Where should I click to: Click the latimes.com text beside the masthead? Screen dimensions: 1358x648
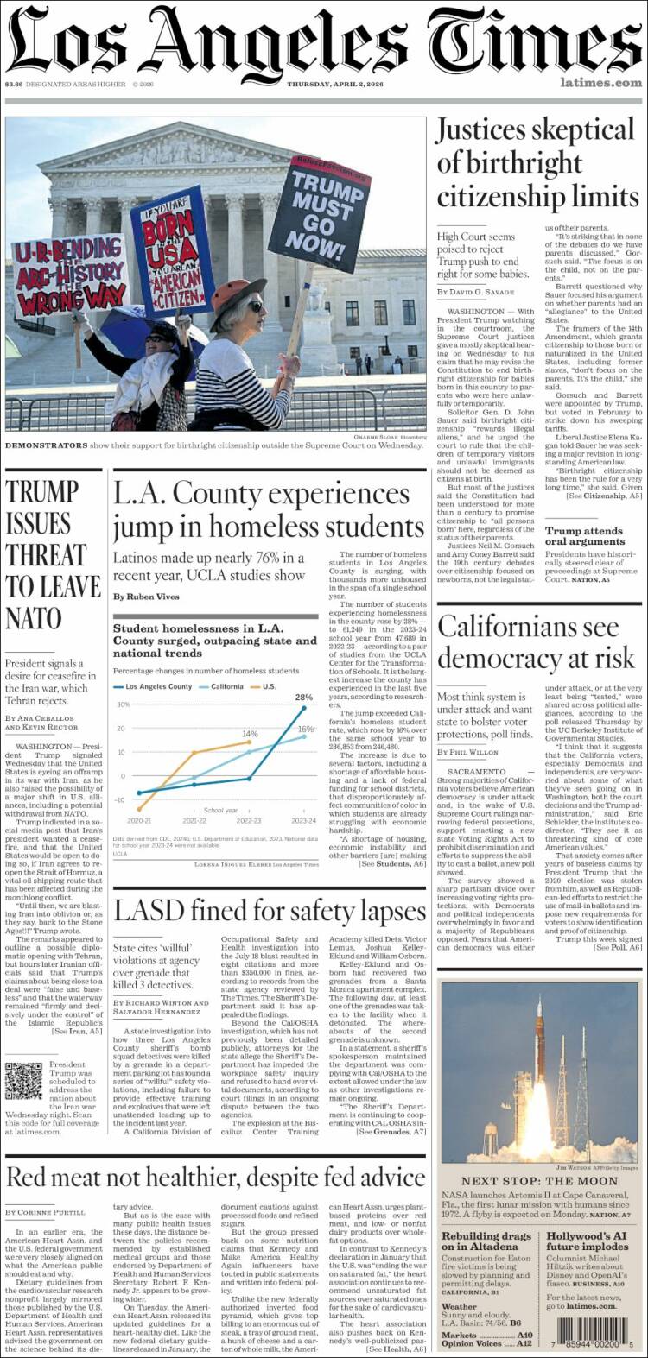pyautogui.click(x=600, y=83)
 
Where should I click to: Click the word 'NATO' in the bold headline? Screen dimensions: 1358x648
pyautogui.click(x=34, y=618)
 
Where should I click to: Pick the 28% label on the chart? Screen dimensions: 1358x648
pyautogui.click(x=304, y=697)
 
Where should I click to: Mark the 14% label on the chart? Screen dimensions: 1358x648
pyautogui.click(x=250, y=734)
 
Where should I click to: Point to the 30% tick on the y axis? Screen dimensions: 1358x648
pyautogui.click(x=123, y=704)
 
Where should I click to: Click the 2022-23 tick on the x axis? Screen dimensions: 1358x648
pyautogui.click(x=249, y=821)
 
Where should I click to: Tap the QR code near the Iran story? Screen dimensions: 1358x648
pyautogui.click(x=23, y=1081)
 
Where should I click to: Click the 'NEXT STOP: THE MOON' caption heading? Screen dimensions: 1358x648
pyautogui.click(x=539, y=1181)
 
